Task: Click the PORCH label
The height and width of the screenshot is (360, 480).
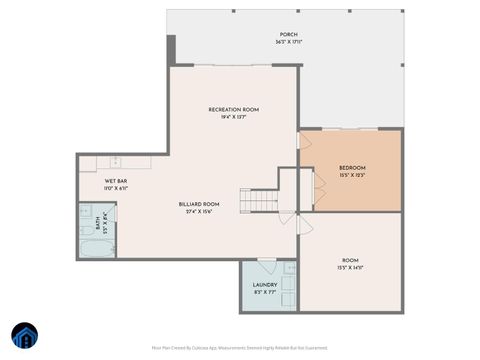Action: click(x=289, y=34)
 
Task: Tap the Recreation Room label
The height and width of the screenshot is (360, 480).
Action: click(x=233, y=109)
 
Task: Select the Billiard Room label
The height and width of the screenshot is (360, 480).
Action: click(x=199, y=204)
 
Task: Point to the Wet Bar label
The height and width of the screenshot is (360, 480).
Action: click(x=116, y=181)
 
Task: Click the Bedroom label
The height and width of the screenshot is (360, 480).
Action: click(x=352, y=167)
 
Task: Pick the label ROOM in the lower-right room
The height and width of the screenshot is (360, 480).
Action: click(x=349, y=260)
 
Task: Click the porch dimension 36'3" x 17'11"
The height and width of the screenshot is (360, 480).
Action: click(x=289, y=42)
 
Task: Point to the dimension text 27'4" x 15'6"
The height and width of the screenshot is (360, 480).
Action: click(x=199, y=212)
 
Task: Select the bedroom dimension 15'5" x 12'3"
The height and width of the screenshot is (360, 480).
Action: click(x=352, y=175)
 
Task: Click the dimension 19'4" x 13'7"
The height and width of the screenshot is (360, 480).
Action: click(x=233, y=117)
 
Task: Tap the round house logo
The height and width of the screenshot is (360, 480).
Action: click(x=24, y=335)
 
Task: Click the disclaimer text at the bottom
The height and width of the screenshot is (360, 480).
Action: click(x=239, y=348)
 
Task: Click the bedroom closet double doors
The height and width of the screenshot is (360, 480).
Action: click(x=318, y=185)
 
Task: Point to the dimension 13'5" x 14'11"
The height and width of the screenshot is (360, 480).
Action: click(x=349, y=268)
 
